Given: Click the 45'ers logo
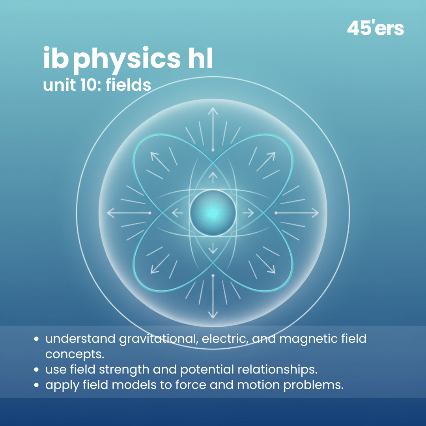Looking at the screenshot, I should pyautogui.click(x=375, y=28).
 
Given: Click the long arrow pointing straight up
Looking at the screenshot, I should pyautogui.click(x=213, y=128).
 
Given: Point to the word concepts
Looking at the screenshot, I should pyautogui.click(x=75, y=354).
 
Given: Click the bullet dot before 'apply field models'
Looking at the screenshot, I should pyautogui.click(x=37, y=385).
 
